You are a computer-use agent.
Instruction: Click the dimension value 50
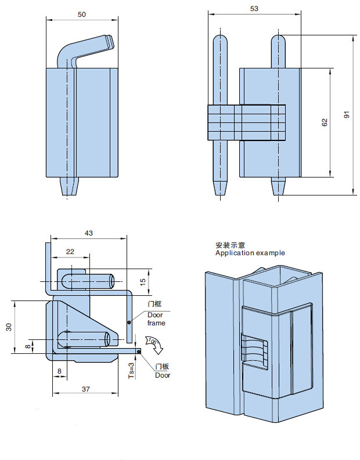pos(82,15)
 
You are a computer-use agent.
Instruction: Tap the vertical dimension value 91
pos(347,115)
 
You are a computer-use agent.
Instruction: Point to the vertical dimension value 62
pos(325,122)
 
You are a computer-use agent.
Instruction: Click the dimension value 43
pos(89,233)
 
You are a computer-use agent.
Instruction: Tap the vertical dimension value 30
pos(8,327)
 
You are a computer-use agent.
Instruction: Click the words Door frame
pos(156,318)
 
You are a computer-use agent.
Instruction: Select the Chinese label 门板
pos(162,367)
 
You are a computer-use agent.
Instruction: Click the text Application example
pos(250,253)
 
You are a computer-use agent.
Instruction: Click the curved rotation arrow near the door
pos(155,345)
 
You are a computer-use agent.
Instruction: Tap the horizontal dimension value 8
pos(59,370)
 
